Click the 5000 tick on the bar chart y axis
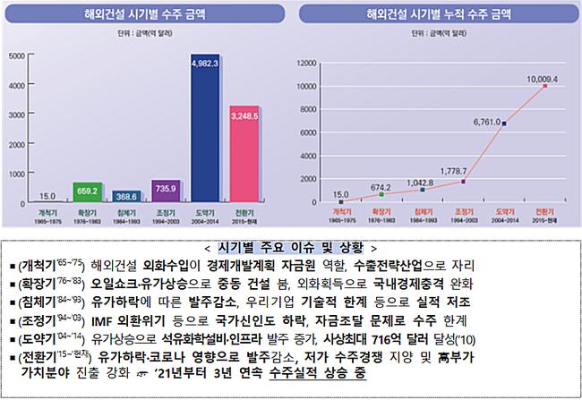click(16, 55)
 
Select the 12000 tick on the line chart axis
click(306, 63)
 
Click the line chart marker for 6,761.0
click(503, 123)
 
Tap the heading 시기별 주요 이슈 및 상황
click(290, 247)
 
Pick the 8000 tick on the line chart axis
click(308, 109)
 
